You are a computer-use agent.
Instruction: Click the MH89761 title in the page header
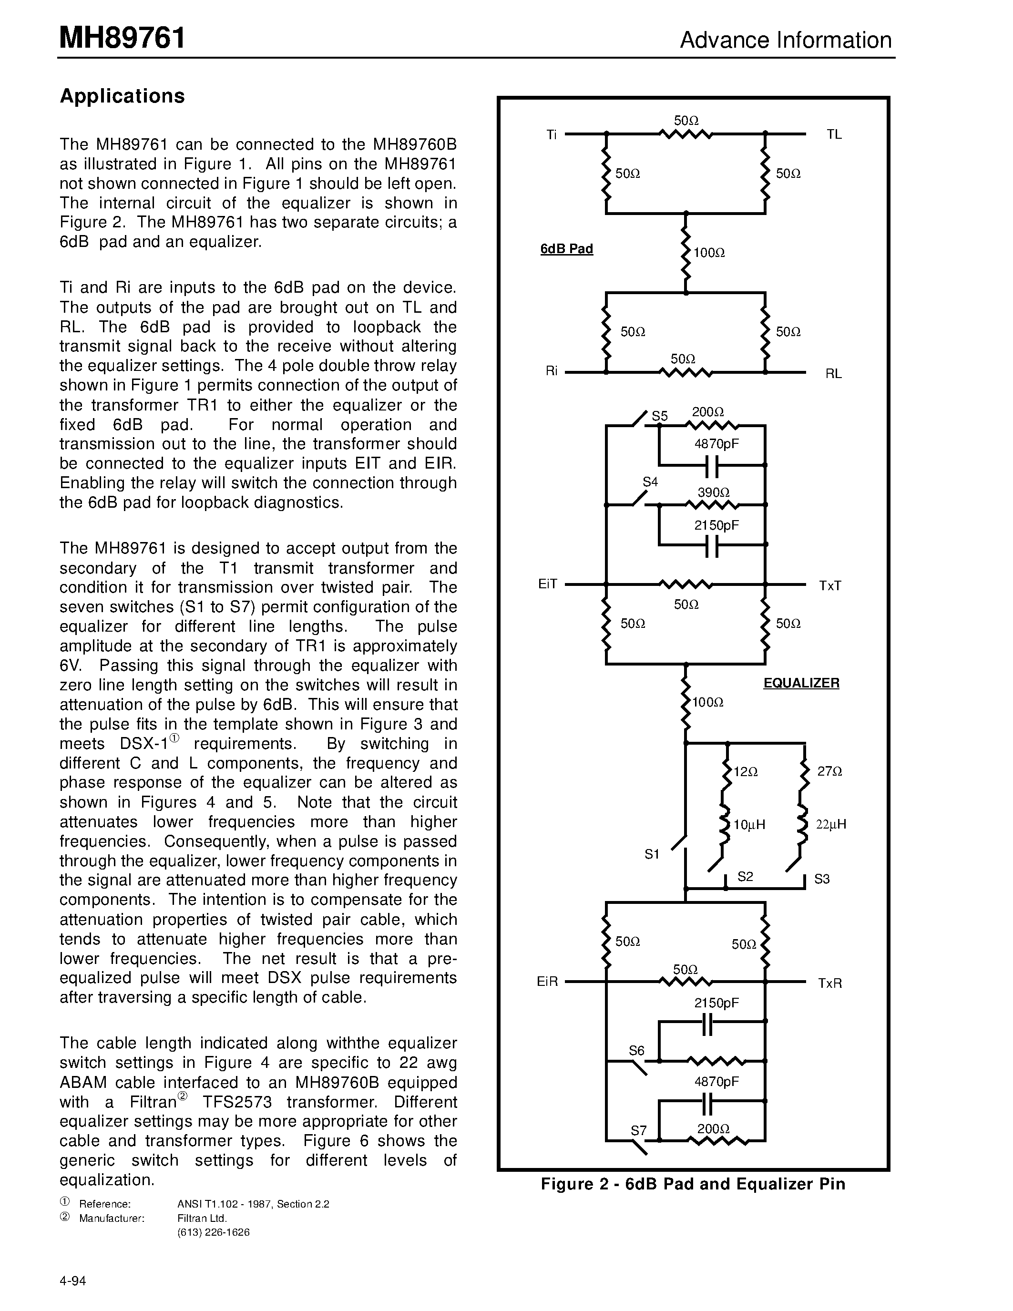click(x=122, y=39)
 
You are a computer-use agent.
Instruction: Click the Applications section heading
click(x=122, y=96)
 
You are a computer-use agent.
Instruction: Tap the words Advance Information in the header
click(x=786, y=40)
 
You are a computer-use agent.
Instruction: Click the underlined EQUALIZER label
click(x=801, y=683)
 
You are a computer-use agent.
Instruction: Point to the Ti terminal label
click(x=552, y=134)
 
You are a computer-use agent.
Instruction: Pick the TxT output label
click(x=830, y=585)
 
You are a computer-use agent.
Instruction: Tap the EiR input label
click(x=547, y=982)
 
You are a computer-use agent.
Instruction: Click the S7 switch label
click(x=638, y=1131)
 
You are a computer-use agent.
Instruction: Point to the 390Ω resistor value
click(x=713, y=493)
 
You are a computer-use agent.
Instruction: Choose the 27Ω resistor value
click(x=829, y=771)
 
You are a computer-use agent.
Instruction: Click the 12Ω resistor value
click(x=746, y=772)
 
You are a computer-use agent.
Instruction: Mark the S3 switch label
click(x=821, y=880)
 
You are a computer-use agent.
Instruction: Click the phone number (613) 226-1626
click(x=213, y=1232)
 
